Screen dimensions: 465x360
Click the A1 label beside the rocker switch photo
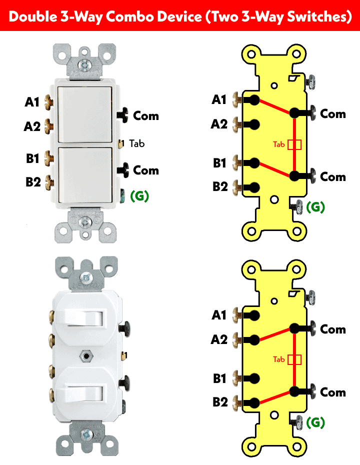32,102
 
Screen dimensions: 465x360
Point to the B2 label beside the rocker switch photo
33,181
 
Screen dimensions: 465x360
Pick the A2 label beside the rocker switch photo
32,126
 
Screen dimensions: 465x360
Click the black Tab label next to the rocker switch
136,143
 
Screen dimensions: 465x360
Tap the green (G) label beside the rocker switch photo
139,195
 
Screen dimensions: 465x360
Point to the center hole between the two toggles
87,356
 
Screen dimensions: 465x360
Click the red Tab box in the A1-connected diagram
295,144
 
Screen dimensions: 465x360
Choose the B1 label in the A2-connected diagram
220,378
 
